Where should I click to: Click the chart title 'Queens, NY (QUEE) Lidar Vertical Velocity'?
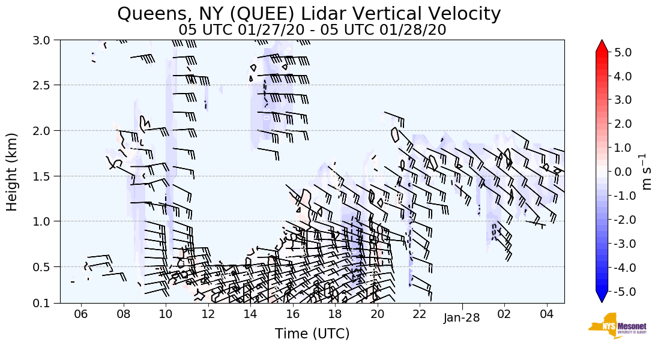(309, 13)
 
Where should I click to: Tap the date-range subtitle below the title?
(312, 30)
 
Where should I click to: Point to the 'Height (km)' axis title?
(12, 172)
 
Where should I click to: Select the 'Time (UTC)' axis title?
(312, 334)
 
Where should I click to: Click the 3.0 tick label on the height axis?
(44, 40)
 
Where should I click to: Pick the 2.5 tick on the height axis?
(44, 85)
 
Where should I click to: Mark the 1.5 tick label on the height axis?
(44, 176)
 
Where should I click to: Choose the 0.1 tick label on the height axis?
(44, 303)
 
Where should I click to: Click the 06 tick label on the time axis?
(81, 315)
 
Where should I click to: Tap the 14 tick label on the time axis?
(250, 315)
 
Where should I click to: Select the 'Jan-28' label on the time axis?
(462, 317)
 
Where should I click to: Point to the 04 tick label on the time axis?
(546, 315)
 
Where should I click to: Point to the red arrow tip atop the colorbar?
(602, 45)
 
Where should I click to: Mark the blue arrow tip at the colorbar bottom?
(602, 298)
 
